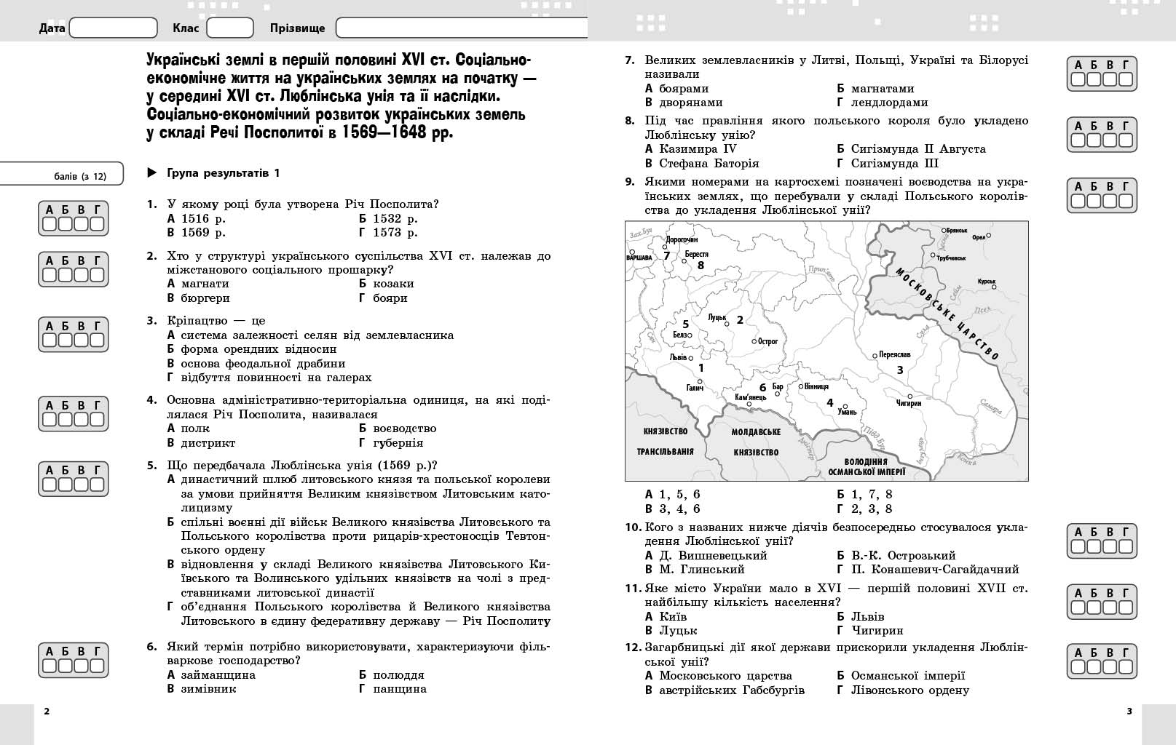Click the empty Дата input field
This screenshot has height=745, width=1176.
pos(113,28)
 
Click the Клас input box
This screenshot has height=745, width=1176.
pos(229,28)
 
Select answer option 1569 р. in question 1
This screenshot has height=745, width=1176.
pos(203,233)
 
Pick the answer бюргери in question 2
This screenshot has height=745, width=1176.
pos(205,298)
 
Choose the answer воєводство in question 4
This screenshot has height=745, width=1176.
pos(404,429)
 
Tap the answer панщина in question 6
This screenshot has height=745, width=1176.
pos(399,689)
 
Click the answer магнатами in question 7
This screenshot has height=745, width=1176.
pos(882,89)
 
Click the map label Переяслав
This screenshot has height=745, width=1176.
pos(894,354)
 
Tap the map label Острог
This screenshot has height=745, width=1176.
pos(767,340)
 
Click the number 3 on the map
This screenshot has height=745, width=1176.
pos(900,370)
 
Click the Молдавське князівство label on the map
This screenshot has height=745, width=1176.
pos(756,442)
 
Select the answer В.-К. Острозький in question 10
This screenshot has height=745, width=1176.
pos(903,556)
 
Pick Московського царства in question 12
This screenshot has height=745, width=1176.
pos(725,676)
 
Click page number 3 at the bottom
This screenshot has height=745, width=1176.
pos(1129,712)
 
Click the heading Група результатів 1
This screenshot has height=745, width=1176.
pos(223,173)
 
